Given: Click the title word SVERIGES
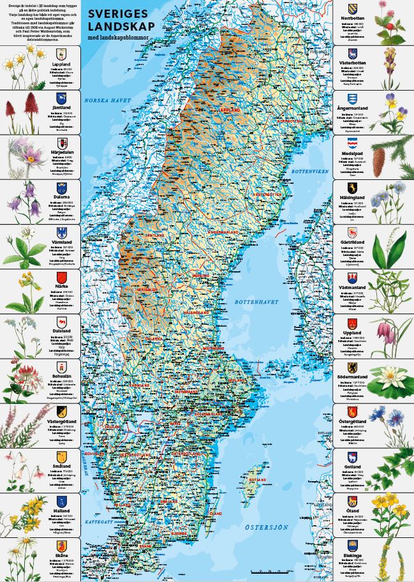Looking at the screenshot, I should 114,13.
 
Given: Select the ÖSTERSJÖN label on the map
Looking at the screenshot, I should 267,526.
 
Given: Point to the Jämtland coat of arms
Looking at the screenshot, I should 61,99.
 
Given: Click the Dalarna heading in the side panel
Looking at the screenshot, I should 61,198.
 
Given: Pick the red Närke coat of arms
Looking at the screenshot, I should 61,278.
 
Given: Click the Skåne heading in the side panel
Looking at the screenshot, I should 61,556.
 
